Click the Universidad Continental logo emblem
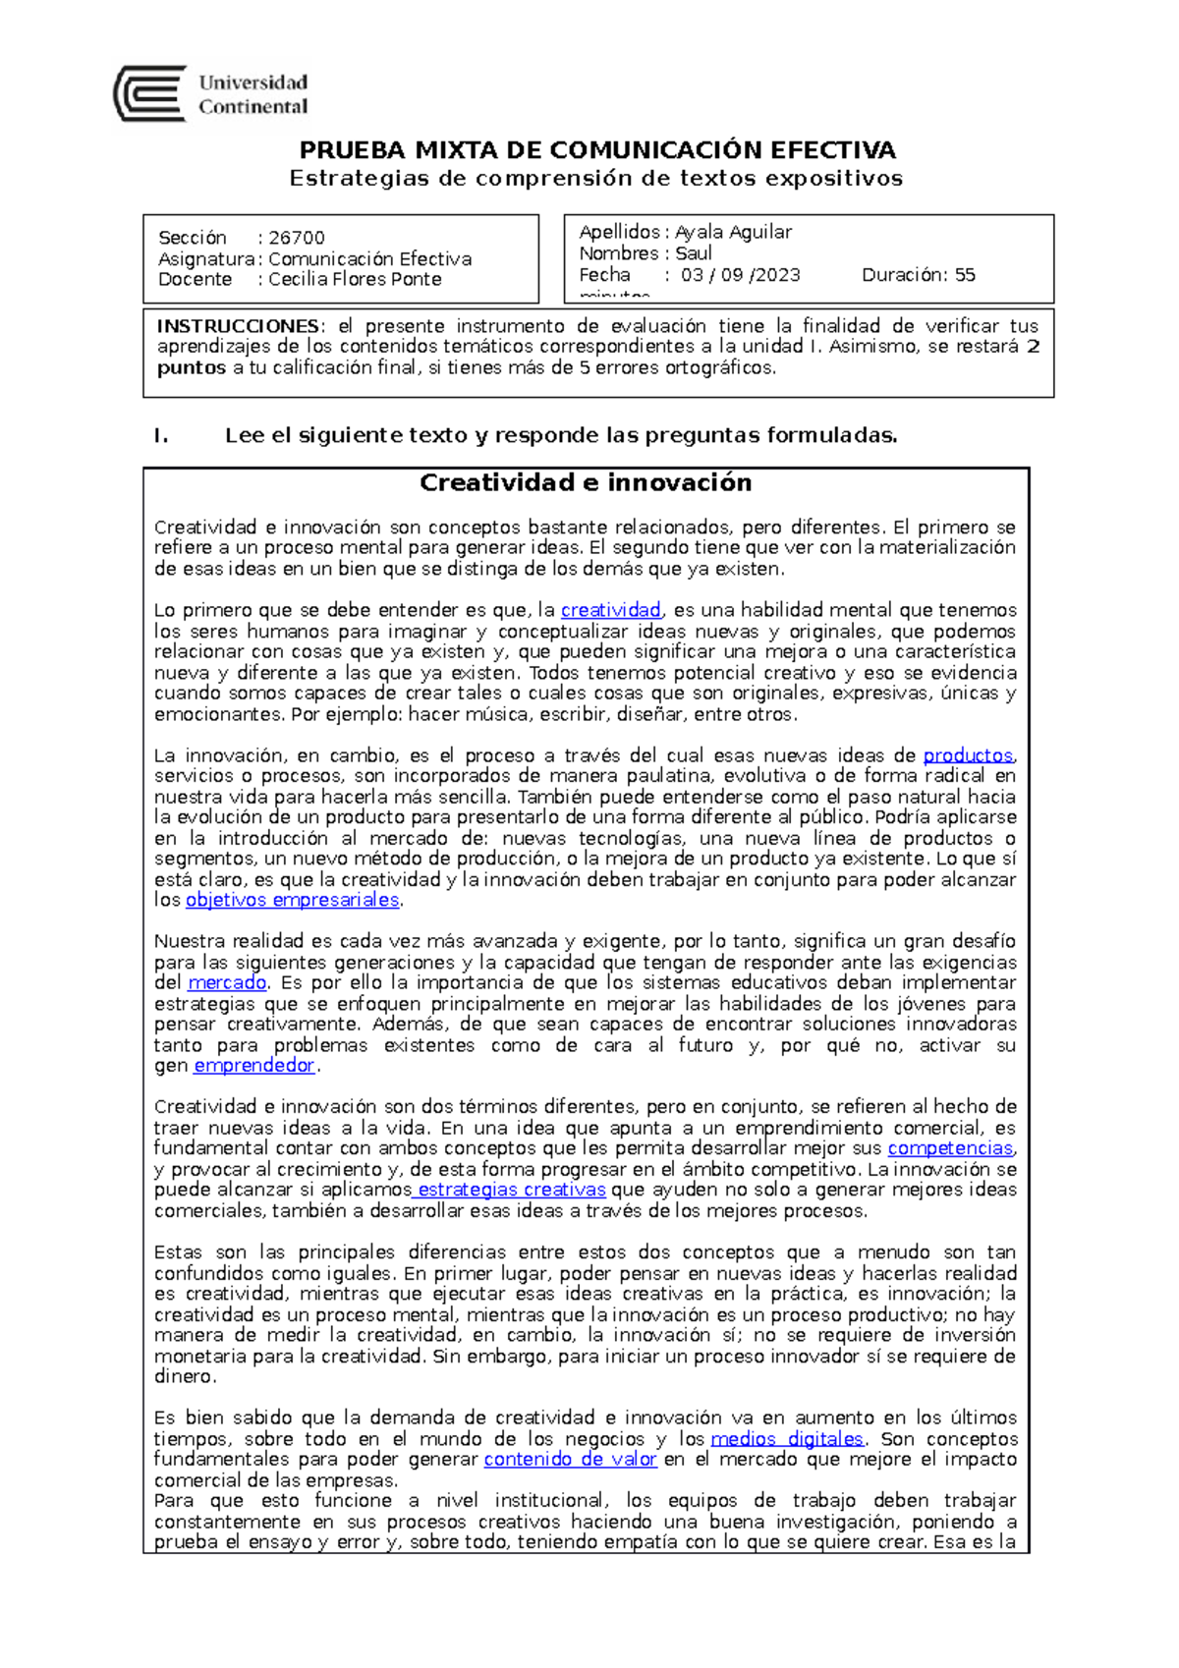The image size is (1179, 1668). pyautogui.click(x=149, y=93)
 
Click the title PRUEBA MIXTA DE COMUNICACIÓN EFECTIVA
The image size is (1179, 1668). pyautogui.click(x=597, y=150)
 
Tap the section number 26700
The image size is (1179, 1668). pyautogui.click(x=297, y=238)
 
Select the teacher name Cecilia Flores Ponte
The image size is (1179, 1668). pyautogui.click(x=355, y=279)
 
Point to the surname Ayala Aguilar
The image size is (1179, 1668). pyautogui.click(x=733, y=232)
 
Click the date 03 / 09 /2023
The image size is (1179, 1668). pyautogui.click(x=741, y=275)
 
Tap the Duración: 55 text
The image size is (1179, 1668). pyautogui.click(x=919, y=275)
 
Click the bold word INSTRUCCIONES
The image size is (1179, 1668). pyautogui.click(x=238, y=326)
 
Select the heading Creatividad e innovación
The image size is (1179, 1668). pyautogui.click(x=586, y=482)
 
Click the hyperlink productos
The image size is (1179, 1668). pyautogui.click(x=968, y=755)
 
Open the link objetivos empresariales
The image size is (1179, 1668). pyautogui.click(x=293, y=900)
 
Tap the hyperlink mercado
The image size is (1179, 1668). pyautogui.click(x=227, y=982)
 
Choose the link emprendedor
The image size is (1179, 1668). pyautogui.click(x=254, y=1065)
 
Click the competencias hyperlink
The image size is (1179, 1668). pyautogui.click(x=950, y=1148)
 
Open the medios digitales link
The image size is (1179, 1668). pyautogui.click(x=787, y=1439)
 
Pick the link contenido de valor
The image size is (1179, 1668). pyautogui.click(x=570, y=1460)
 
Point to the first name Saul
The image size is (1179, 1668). pyautogui.click(x=694, y=253)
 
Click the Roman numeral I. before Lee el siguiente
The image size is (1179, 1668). pyautogui.click(x=161, y=436)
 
